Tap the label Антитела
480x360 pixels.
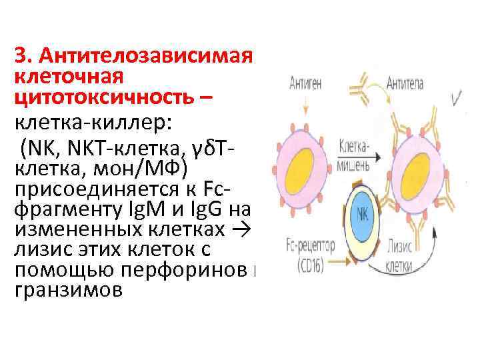coord(409,84)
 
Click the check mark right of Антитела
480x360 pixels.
coord(459,99)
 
